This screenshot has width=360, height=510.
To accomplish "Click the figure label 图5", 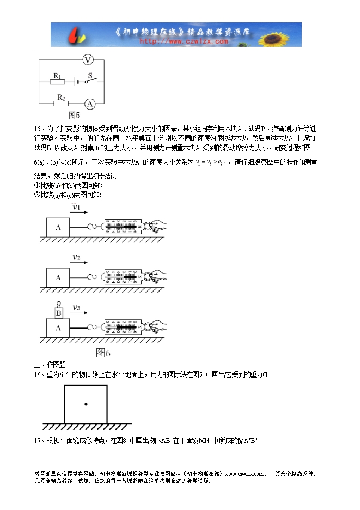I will tap(74, 115).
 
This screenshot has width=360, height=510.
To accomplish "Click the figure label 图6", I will tap(103, 352).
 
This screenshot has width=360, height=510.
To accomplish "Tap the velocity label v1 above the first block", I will tap(76, 208).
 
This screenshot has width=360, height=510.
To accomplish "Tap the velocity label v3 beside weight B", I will tap(77, 307).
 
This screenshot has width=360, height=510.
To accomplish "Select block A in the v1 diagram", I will tap(58, 228).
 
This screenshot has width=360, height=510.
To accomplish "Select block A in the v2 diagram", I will tap(58, 277).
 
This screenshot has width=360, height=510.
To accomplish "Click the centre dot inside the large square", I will tap(86, 404).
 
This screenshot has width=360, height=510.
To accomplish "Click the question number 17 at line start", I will tap(38, 440).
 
